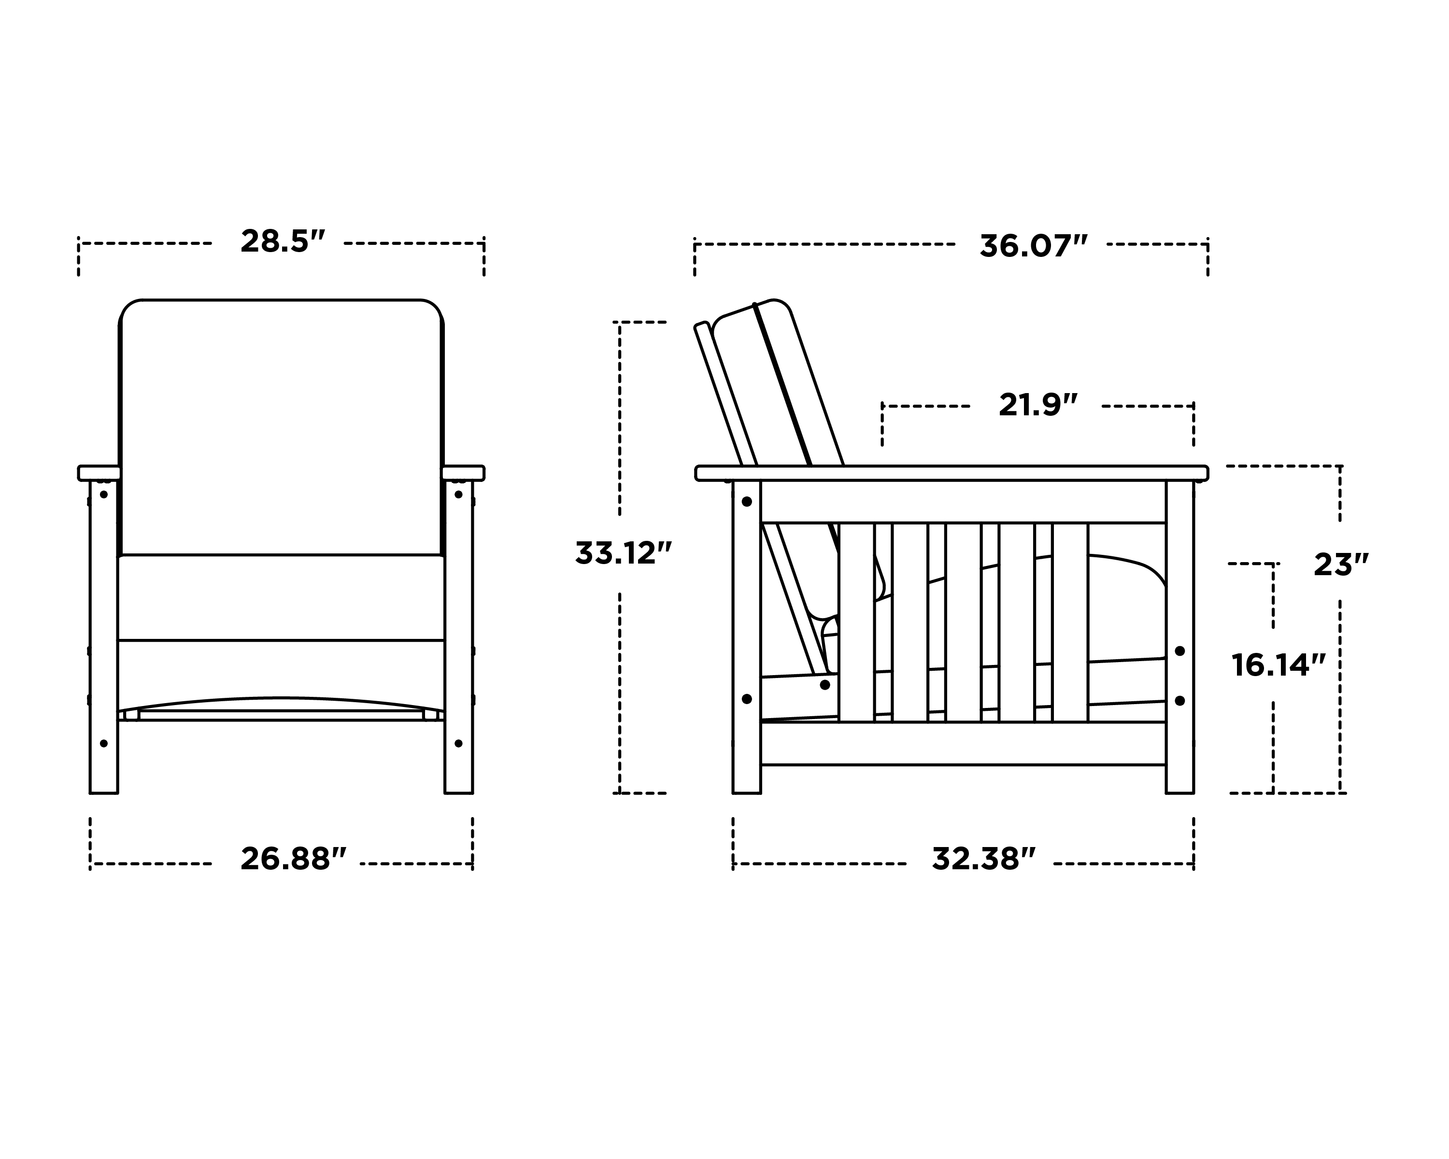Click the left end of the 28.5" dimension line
point(79,243)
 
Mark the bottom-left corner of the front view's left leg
point(90,793)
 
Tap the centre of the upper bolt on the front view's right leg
point(458,495)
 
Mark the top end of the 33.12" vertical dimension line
point(620,323)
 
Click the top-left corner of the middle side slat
point(946,523)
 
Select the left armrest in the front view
point(99,473)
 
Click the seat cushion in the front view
point(281,597)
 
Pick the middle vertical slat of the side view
point(964,622)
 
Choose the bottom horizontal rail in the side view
point(963,743)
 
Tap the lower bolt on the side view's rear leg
point(747,699)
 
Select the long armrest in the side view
point(952,473)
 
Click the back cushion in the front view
point(281,427)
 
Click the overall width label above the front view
point(282,242)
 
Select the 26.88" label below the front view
point(293,859)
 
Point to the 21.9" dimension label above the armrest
point(1037,405)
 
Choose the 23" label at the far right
point(1341,565)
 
